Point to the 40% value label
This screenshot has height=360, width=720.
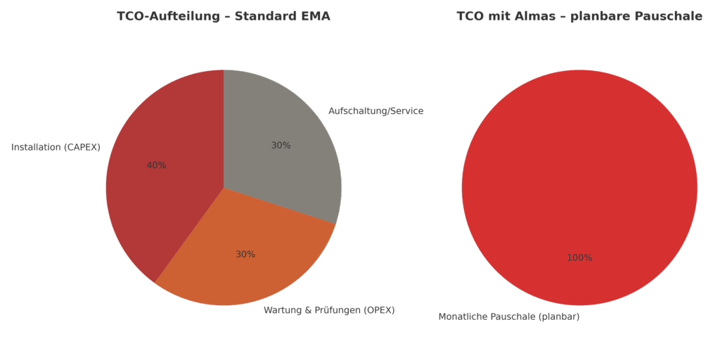click(156, 165)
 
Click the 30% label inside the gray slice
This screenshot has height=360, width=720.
click(281, 146)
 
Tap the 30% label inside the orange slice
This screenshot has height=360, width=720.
click(245, 255)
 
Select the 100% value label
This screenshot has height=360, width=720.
click(579, 258)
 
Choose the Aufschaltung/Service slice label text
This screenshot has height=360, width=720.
click(376, 111)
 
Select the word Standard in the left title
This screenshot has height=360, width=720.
click(264, 16)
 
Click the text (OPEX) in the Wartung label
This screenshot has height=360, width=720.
click(379, 310)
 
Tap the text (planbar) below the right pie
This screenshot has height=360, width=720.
click(560, 316)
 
